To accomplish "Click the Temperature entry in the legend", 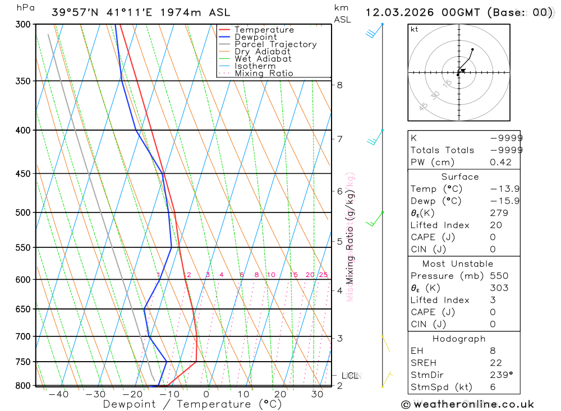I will coord(264,30).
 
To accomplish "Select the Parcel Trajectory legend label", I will coord(275,44).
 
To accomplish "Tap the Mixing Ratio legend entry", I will coord(264,73).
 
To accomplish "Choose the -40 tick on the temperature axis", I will coord(58,395).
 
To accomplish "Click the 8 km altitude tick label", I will coord(339,85).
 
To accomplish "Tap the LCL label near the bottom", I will coord(350,376).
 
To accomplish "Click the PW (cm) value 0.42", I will coord(500,163).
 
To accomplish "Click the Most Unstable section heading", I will coord(458,264).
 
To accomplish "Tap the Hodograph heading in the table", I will coord(459,339).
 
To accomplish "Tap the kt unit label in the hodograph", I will coord(415,29).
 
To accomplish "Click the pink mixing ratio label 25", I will coord(323,275).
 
